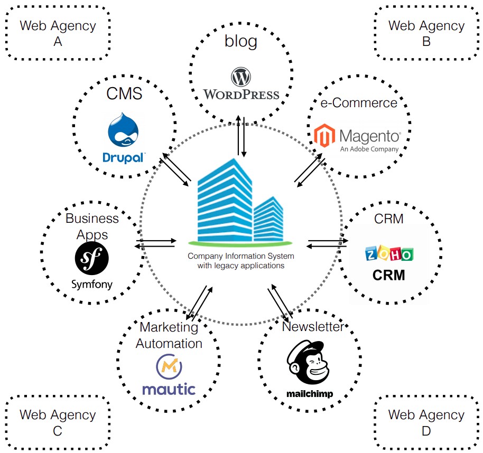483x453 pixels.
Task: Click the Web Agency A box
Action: click(x=58, y=33)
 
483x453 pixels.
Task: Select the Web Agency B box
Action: click(x=426, y=33)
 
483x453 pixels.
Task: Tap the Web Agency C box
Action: click(x=58, y=422)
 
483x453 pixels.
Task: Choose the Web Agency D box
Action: click(x=426, y=422)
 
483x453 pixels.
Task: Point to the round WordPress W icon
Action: click(x=241, y=78)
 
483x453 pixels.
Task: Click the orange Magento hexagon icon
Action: click(x=324, y=136)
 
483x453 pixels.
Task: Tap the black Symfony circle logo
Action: click(x=92, y=259)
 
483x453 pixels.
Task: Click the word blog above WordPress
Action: click(x=241, y=42)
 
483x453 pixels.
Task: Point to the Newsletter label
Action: click(x=312, y=326)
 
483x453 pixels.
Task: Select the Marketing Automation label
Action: click(x=169, y=335)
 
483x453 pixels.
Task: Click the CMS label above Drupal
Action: click(x=124, y=94)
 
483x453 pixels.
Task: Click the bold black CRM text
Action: click(x=389, y=275)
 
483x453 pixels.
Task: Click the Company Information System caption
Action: click(x=241, y=260)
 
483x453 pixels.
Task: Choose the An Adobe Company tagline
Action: click(x=369, y=149)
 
